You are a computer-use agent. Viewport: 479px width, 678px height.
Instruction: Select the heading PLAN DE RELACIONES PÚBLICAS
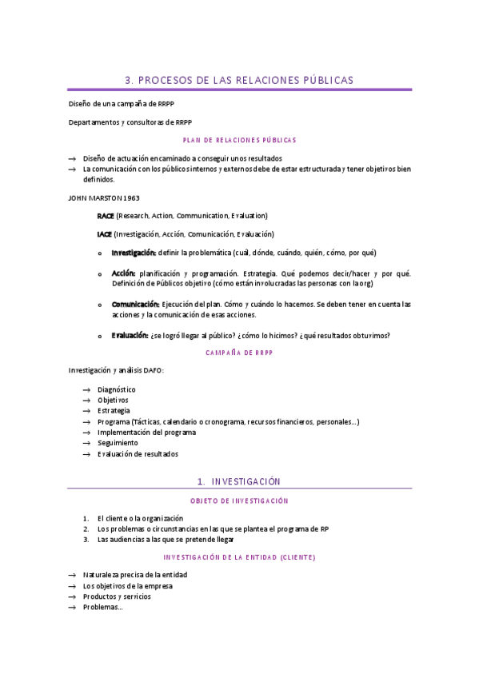239,140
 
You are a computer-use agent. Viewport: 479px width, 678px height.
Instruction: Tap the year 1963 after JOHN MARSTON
128,197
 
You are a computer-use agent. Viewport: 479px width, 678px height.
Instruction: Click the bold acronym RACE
106,216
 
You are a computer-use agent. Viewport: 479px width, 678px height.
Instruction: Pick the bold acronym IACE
105,234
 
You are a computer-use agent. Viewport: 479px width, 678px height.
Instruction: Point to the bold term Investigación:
134,253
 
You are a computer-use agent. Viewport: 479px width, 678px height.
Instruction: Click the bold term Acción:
122,273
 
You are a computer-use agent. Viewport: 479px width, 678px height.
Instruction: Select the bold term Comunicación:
135,305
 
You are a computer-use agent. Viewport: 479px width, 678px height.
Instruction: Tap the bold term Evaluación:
129,335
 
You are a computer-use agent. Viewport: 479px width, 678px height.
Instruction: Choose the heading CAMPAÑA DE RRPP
239,352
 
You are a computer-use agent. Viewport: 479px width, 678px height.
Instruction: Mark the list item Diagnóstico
116,389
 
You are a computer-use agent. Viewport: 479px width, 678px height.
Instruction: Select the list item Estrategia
114,411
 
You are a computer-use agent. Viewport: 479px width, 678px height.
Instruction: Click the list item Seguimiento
118,443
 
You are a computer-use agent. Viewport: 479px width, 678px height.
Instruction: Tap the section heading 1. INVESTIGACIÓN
239,481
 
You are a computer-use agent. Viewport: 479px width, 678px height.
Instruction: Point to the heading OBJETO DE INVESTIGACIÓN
239,501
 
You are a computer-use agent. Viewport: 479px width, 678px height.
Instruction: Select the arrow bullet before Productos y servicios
73,596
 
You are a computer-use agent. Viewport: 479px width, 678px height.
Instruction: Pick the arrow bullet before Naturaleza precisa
73,575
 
